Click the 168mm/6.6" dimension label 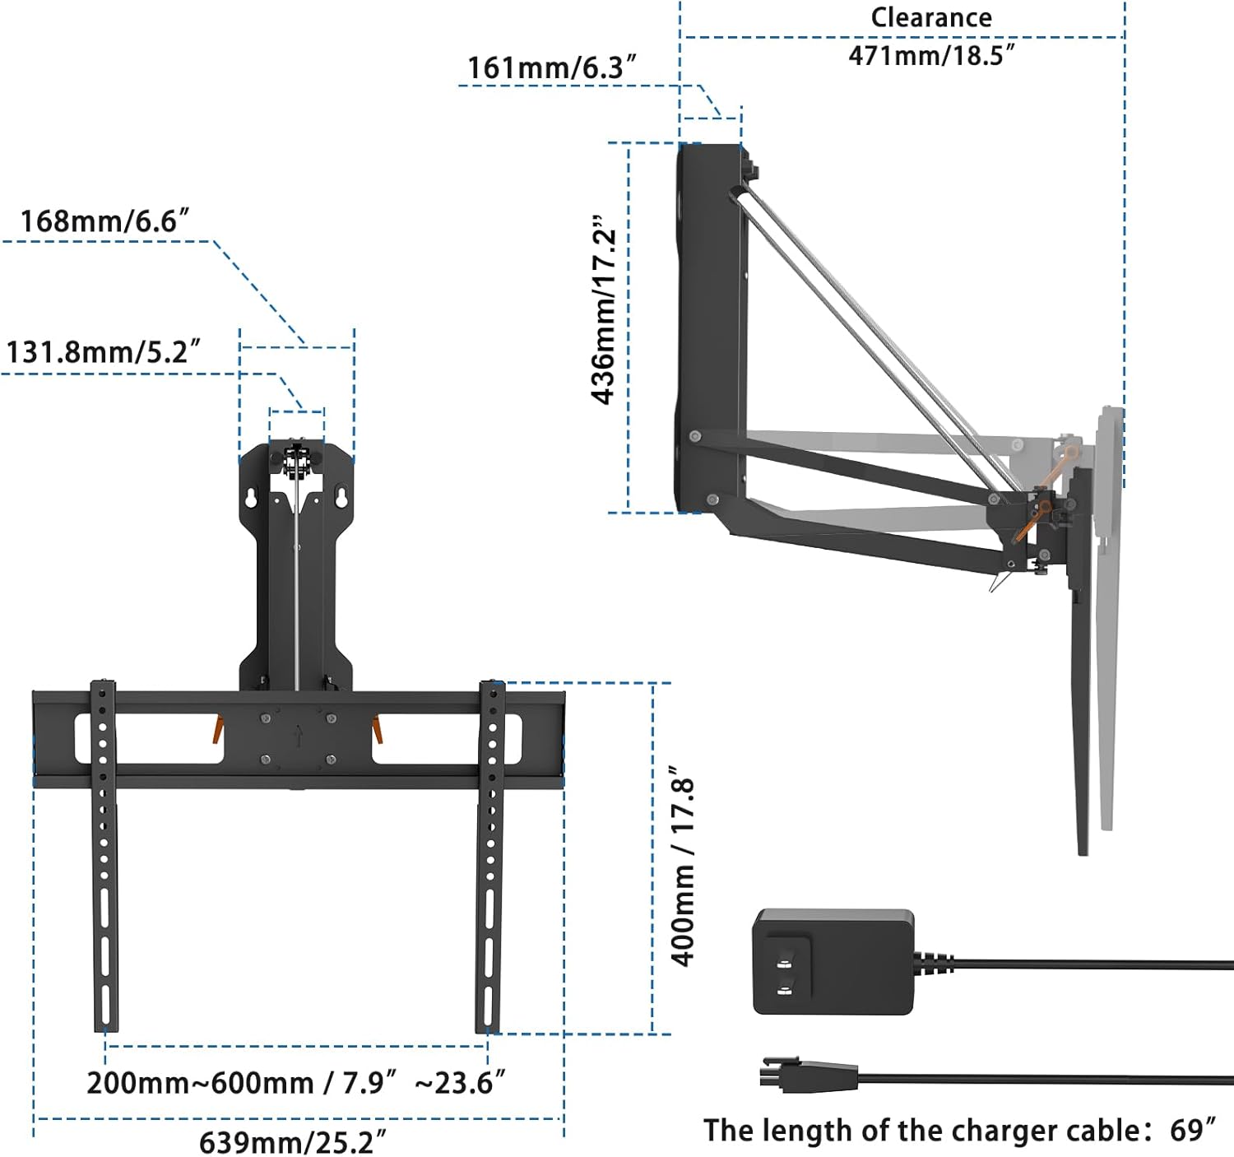[x=104, y=221]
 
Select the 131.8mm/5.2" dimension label [x=103, y=352]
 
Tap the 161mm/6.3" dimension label [x=552, y=67]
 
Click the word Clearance [x=931, y=17]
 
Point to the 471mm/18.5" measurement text [x=931, y=55]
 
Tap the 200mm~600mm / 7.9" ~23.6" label [x=295, y=1083]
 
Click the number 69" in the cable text [x=1192, y=1131]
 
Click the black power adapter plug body [x=833, y=962]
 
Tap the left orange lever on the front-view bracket [x=218, y=728]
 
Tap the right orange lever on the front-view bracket [x=377, y=729]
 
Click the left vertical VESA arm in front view [x=104, y=856]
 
